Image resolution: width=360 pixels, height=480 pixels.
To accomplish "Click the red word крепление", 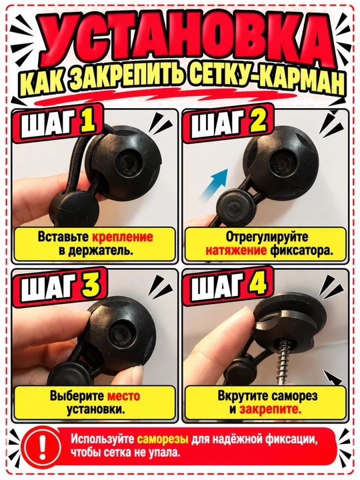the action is pyautogui.click(x=123, y=237).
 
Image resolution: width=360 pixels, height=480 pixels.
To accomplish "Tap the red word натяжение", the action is pyautogui.click(x=236, y=251).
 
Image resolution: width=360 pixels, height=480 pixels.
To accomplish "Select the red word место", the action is pyautogui.click(x=123, y=396).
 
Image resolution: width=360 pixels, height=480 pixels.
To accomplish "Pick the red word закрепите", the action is pyautogui.click(x=270, y=409).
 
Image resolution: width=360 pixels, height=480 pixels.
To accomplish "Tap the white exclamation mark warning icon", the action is pyautogui.click(x=42, y=445).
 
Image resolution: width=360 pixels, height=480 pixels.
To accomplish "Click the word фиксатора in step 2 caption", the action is pyautogui.click(x=301, y=251).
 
